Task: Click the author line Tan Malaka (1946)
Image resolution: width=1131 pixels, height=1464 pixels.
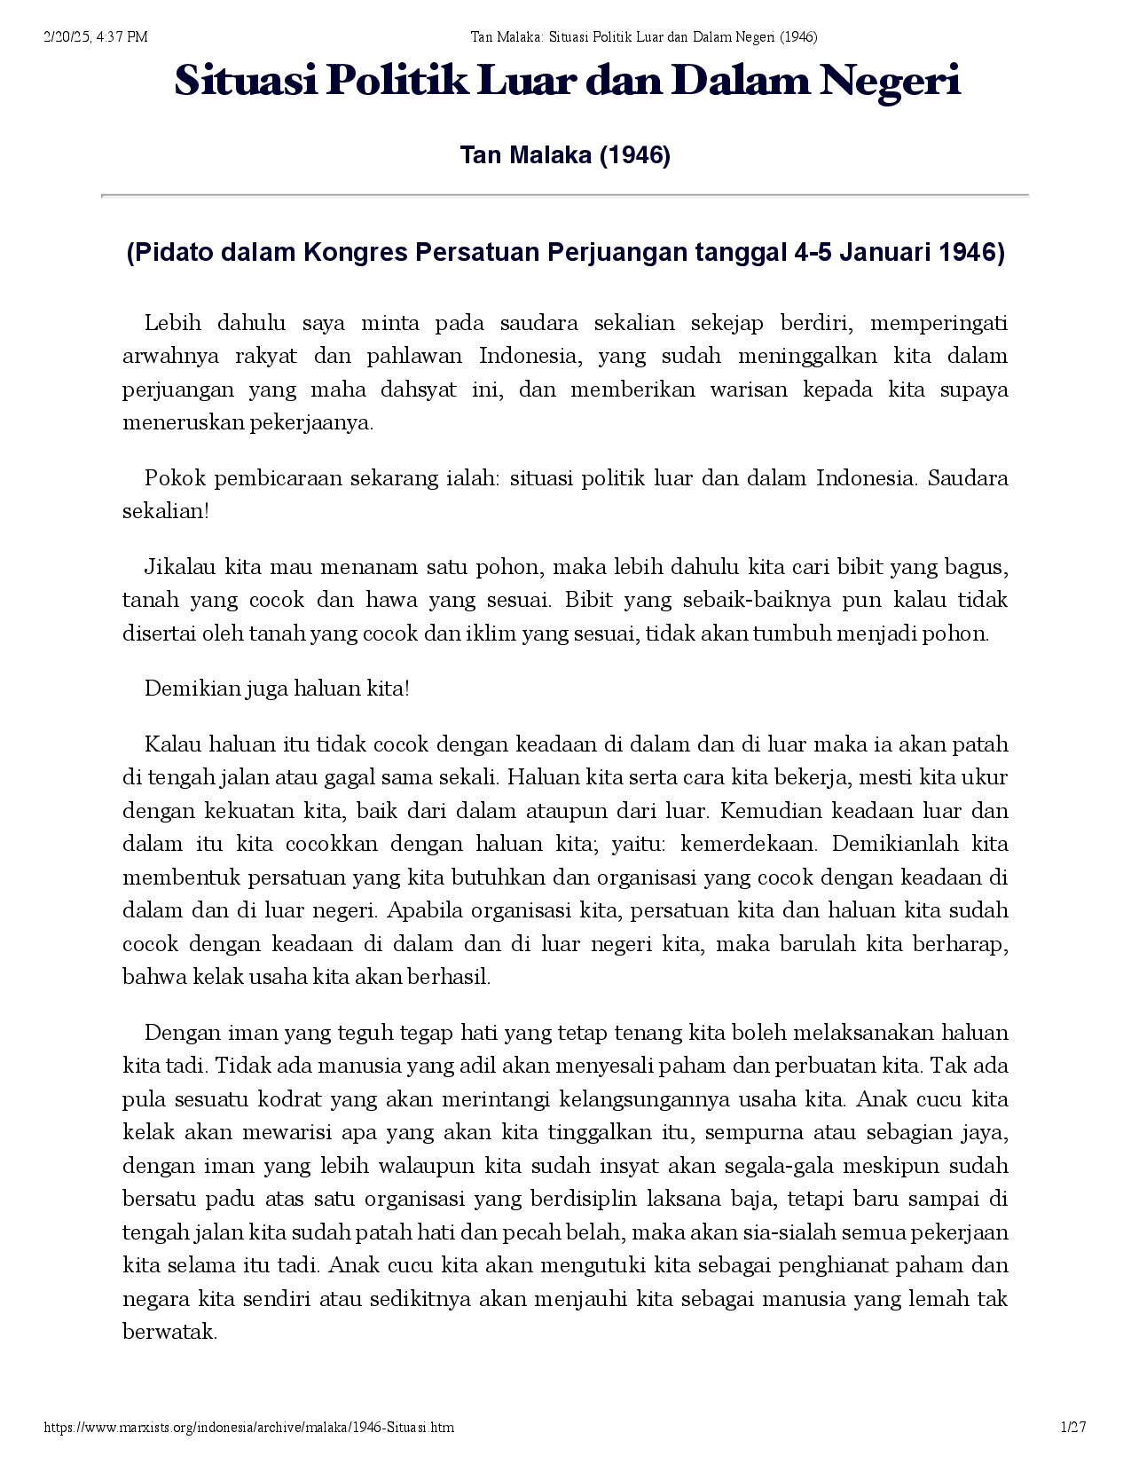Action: [x=565, y=156]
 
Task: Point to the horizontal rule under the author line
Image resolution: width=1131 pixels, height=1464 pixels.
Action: [x=565, y=194]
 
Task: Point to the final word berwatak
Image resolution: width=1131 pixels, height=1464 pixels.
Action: [x=169, y=1332]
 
